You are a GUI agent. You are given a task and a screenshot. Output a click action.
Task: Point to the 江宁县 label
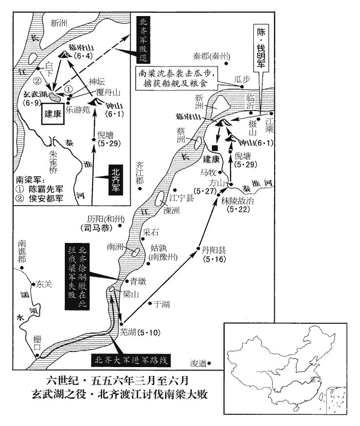182,198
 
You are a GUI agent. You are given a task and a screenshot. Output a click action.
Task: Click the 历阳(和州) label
106,219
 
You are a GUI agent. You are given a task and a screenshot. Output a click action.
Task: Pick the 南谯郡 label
24,251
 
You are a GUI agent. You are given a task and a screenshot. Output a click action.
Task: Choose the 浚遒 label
198,363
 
